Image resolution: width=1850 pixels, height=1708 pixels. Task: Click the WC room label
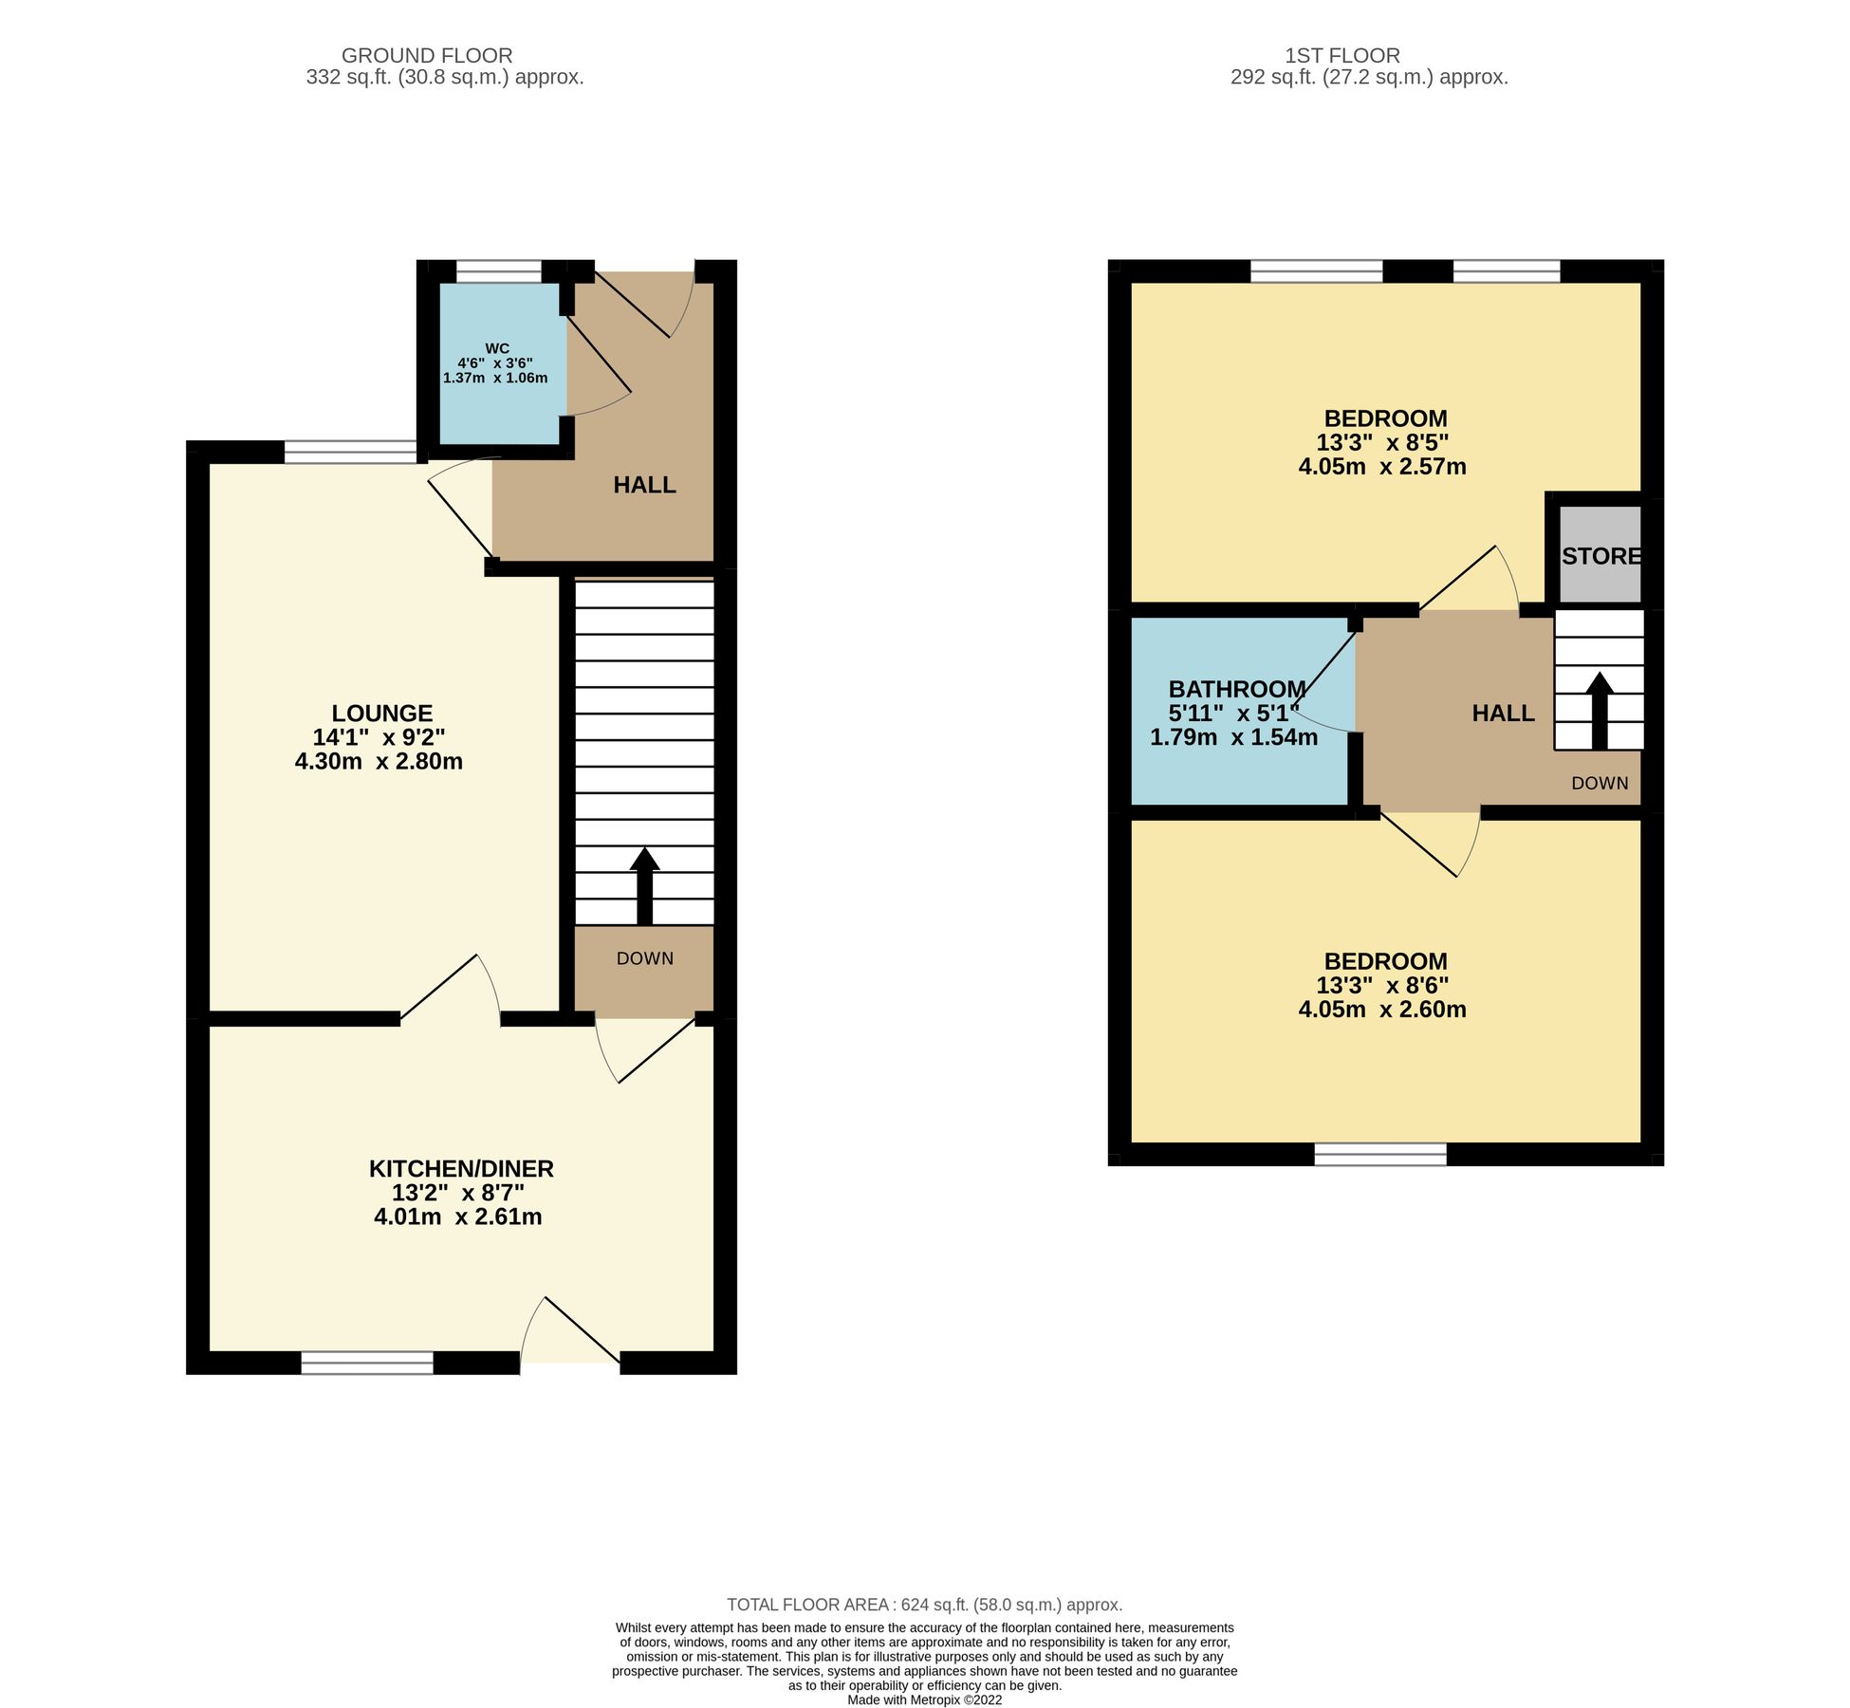(496, 349)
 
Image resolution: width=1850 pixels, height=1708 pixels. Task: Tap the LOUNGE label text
(381, 713)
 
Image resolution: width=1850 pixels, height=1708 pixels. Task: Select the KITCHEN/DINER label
(461, 1168)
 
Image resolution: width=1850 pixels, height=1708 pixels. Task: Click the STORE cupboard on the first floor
(1600, 556)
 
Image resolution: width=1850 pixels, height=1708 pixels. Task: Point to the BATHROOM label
(1236, 689)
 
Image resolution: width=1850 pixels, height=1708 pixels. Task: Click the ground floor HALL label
(644, 485)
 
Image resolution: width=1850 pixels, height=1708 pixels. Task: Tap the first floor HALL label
(1503, 713)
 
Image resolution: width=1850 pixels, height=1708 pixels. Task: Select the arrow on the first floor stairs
(1599, 711)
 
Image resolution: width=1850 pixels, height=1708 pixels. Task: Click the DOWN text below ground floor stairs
(644, 958)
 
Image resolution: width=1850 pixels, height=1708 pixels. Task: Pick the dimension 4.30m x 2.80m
(379, 761)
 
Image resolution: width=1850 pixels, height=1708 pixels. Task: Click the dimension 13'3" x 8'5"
(1382, 442)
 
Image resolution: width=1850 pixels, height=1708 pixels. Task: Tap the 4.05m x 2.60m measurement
(1382, 1010)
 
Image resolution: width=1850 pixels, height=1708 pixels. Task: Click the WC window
(499, 272)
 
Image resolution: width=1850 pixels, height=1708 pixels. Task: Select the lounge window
(349, 453)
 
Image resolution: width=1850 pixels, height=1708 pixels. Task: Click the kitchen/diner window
(367, 1364)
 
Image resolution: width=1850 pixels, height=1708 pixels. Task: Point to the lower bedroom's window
(1380, 1154)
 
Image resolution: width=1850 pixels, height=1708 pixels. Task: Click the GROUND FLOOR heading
(426, 56)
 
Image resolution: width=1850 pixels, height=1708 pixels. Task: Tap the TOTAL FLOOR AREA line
(924, 1605)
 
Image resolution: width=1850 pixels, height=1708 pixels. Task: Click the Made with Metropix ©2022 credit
(924, 1699)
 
